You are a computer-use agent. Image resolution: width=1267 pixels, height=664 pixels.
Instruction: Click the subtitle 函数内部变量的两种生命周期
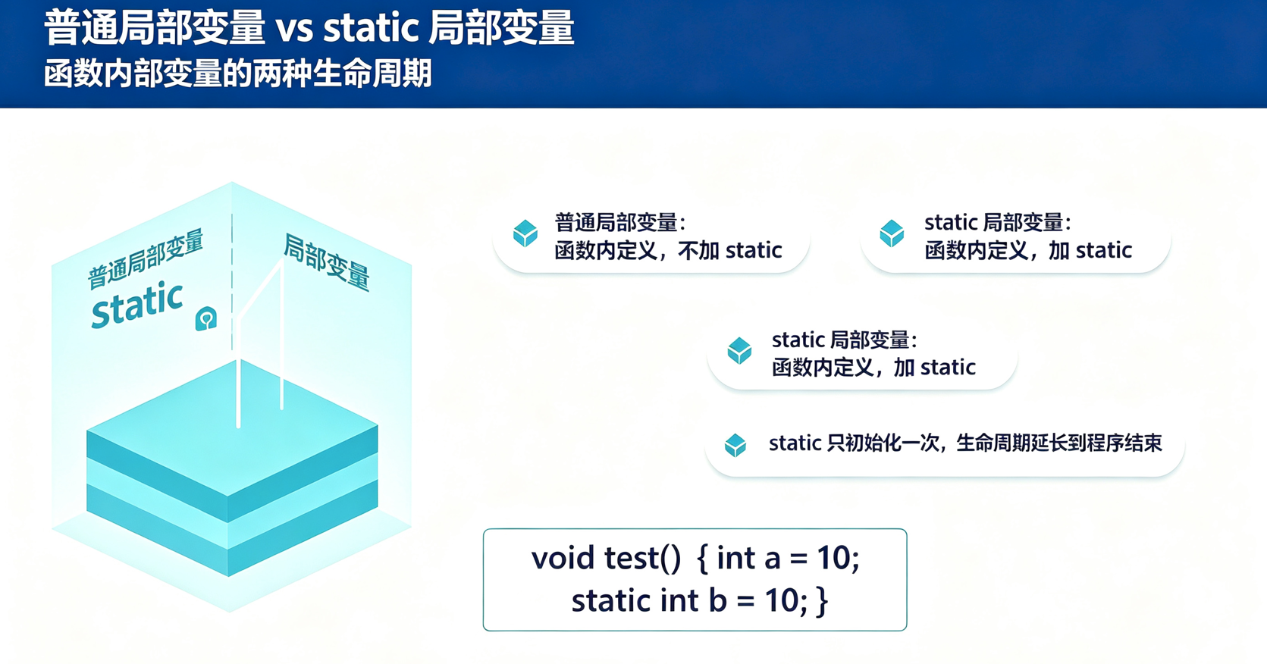(x=238, y=74)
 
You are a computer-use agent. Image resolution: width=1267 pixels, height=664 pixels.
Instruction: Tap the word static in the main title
(x=371, y=27)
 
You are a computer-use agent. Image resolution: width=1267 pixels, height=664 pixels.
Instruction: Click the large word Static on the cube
(x=137, y=305)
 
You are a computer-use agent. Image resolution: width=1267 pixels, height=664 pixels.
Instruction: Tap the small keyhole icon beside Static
(x=206, y=318)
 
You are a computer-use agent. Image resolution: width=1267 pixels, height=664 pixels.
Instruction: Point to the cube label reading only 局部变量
(x=326, y=262)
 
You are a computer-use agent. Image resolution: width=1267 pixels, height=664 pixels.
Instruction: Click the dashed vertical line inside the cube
(x=232, y=282)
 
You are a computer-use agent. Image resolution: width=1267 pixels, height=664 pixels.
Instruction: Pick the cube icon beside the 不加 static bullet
(x=525, y=233)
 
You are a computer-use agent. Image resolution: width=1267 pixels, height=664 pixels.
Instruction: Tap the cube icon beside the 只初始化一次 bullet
(x=735, y=445)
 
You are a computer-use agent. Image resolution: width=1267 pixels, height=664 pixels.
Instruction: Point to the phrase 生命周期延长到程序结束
(x=1059, y=443)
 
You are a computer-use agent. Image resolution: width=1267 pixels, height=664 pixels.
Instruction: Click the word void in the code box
(x=563, y=558)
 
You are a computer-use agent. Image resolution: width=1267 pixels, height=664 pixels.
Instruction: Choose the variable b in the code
(x=718, y=600)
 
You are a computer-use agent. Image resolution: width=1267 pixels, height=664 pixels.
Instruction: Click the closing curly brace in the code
(x=823, y=601)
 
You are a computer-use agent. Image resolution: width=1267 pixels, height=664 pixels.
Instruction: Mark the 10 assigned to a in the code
(x=834, y=558)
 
